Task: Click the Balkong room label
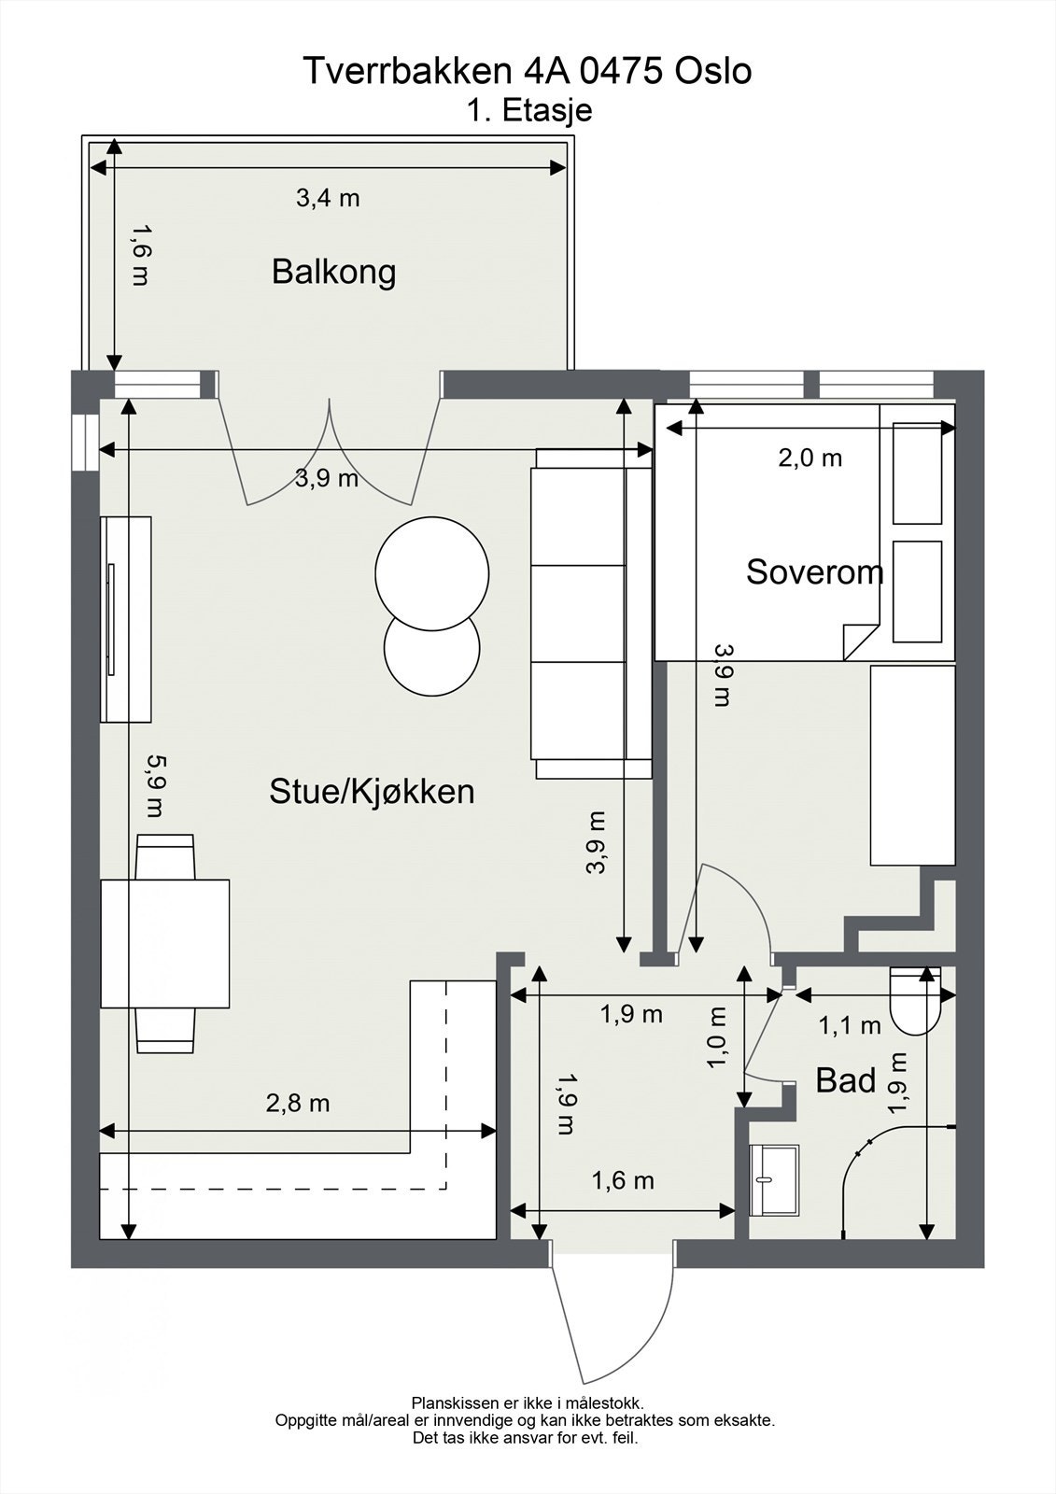point(333,272)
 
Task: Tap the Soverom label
point(813,571)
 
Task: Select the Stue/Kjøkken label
point(372,792)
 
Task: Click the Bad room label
point(845,1081)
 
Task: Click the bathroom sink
point(775,1180)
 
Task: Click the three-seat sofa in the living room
point(590,613)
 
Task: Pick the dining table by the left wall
point(165,943)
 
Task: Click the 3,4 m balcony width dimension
point(328,198)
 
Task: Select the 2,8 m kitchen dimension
point(298,1104)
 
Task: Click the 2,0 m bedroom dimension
point(810,458)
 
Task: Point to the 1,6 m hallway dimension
point(623,1181)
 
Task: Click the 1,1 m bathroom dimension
point(850,1026)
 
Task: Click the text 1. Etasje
point(529,111)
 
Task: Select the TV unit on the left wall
point(126,618)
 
